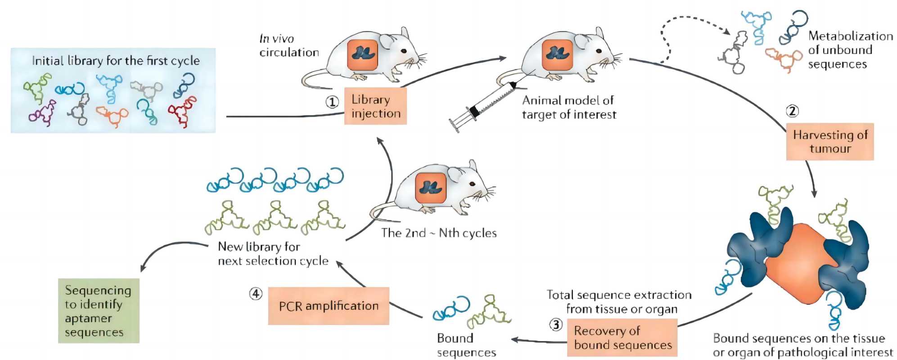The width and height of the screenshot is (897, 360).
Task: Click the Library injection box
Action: pyautogui.click(x=375, y=106)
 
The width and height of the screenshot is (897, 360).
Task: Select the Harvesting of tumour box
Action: pyautogui.click(x=829, y=142)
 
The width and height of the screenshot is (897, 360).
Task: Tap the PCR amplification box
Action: pyautogui.click(x=329, y=306)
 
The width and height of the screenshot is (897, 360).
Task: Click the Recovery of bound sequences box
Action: pyautogui.click(x=622, y=337)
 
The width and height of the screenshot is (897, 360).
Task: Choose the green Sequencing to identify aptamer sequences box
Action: pyautogui.click(x=99, y=311)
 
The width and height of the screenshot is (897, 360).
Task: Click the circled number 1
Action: pyautogui.click(x=332, y=102)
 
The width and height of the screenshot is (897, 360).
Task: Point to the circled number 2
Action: pyautogui.click(x=792, y=111)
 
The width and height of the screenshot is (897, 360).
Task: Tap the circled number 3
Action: pyautogui.click(x=556, y=324)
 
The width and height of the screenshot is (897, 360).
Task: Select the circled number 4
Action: pyautogui.click(x=256, y=294)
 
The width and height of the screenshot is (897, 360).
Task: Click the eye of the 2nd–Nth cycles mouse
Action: pyautogui.click(x=472, y=184)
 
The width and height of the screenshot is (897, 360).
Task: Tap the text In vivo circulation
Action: pyautogui.click(x=288, y=45)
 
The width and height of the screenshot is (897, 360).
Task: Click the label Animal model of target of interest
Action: pyautogui.click(x=568, y=107)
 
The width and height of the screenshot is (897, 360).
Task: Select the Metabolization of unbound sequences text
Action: pyautogui.click(x=850, y=49)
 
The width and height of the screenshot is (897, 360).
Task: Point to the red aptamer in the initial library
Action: pyautogui.click(x=182, y=111)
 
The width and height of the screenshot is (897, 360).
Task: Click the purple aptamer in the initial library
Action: pyautogui.click(x=42, y=112)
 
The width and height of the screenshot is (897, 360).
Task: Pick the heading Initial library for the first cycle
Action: pyautogui.click(x=116, y=60)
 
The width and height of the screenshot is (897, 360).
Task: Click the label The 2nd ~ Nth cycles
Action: pyautogui.click(x=439, y=233)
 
